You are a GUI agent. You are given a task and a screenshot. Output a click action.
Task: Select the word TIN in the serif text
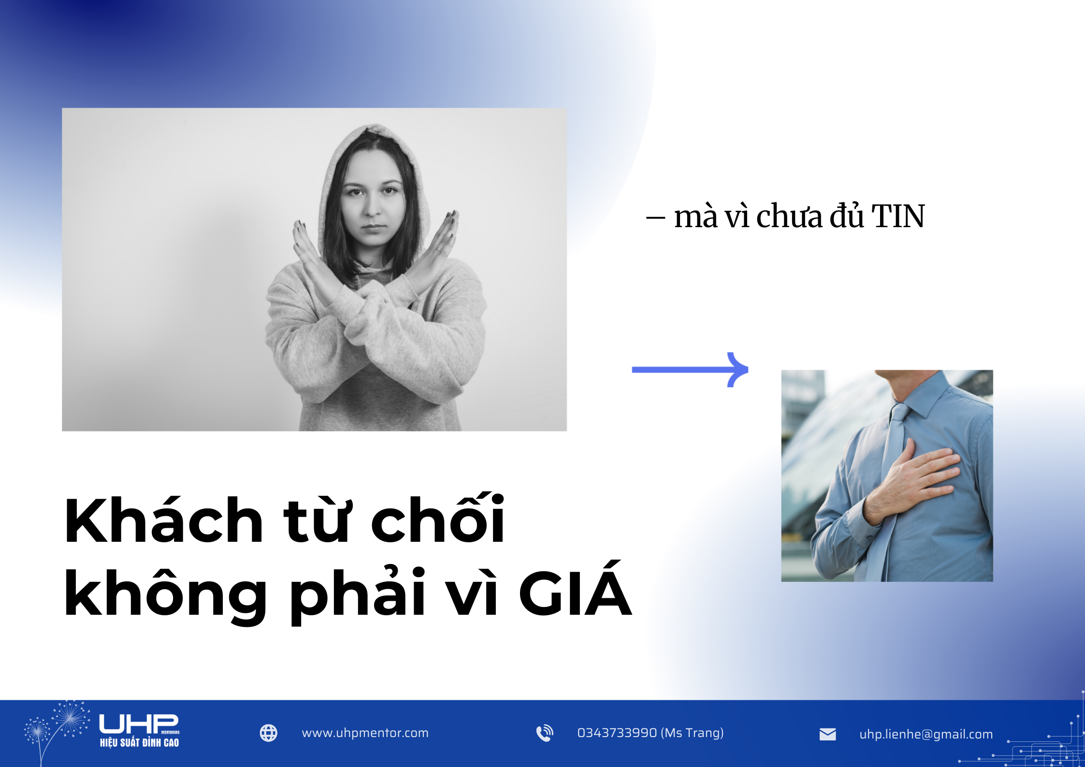897,216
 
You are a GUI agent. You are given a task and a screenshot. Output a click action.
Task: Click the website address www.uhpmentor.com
365,733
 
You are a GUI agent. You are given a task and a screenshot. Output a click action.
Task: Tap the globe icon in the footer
269,733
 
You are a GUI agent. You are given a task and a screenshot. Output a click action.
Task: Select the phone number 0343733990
617,733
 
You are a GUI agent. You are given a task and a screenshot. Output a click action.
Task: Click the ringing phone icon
545,733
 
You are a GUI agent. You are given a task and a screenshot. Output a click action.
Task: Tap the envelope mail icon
827,735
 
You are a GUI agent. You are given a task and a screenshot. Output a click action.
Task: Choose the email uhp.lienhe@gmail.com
926,735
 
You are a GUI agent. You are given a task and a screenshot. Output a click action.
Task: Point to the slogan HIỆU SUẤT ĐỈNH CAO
139,743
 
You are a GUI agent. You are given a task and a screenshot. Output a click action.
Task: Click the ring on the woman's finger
439,250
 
